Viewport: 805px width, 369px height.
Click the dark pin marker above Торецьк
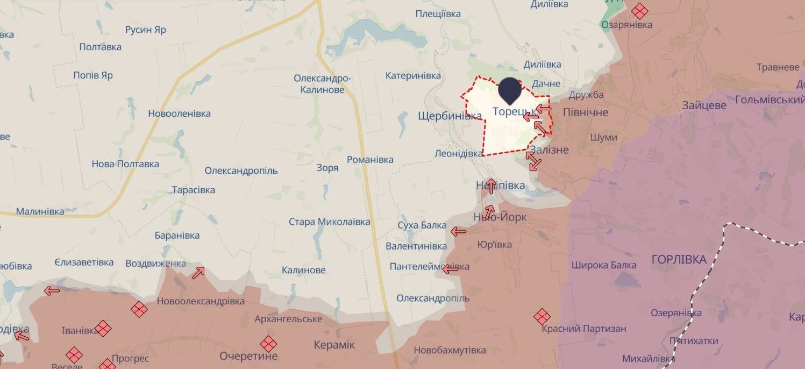point(510,90)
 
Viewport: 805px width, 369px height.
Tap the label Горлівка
point(679,260)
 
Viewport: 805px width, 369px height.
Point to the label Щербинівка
point(450,116)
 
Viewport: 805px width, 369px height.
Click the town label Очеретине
point(248,356)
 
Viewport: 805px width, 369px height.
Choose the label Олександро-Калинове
point(322,84)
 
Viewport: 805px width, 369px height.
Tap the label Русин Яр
point(145,30)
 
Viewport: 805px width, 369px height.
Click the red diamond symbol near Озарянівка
point(639,11)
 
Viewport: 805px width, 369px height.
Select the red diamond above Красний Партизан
point(542,317)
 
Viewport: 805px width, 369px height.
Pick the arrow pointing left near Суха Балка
point(459,232)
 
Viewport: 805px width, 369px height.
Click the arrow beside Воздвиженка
point(198,273)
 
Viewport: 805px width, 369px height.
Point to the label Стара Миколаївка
point(329,222)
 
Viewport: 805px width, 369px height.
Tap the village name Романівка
point(370,160)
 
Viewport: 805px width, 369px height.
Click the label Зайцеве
point(704,105)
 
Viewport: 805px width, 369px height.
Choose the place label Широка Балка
point(604,265)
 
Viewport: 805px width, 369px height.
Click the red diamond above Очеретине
point(268,344)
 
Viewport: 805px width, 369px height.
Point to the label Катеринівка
point(413,76)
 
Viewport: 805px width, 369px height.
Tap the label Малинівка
point(40,212)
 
